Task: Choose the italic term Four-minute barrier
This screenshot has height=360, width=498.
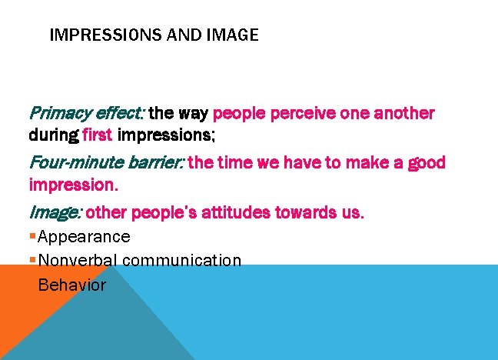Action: [x=106, y=162]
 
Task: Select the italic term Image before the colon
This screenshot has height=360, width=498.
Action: [x=50, y=212]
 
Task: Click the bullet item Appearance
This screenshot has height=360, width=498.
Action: [x=84, y=236]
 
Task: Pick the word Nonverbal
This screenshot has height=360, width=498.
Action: [x=78, y=260]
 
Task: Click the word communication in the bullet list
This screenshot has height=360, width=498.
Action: [x=181, y=260]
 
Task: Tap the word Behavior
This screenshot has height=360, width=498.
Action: [x=71, y=285]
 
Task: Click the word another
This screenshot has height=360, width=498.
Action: [x=404, y=114]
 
